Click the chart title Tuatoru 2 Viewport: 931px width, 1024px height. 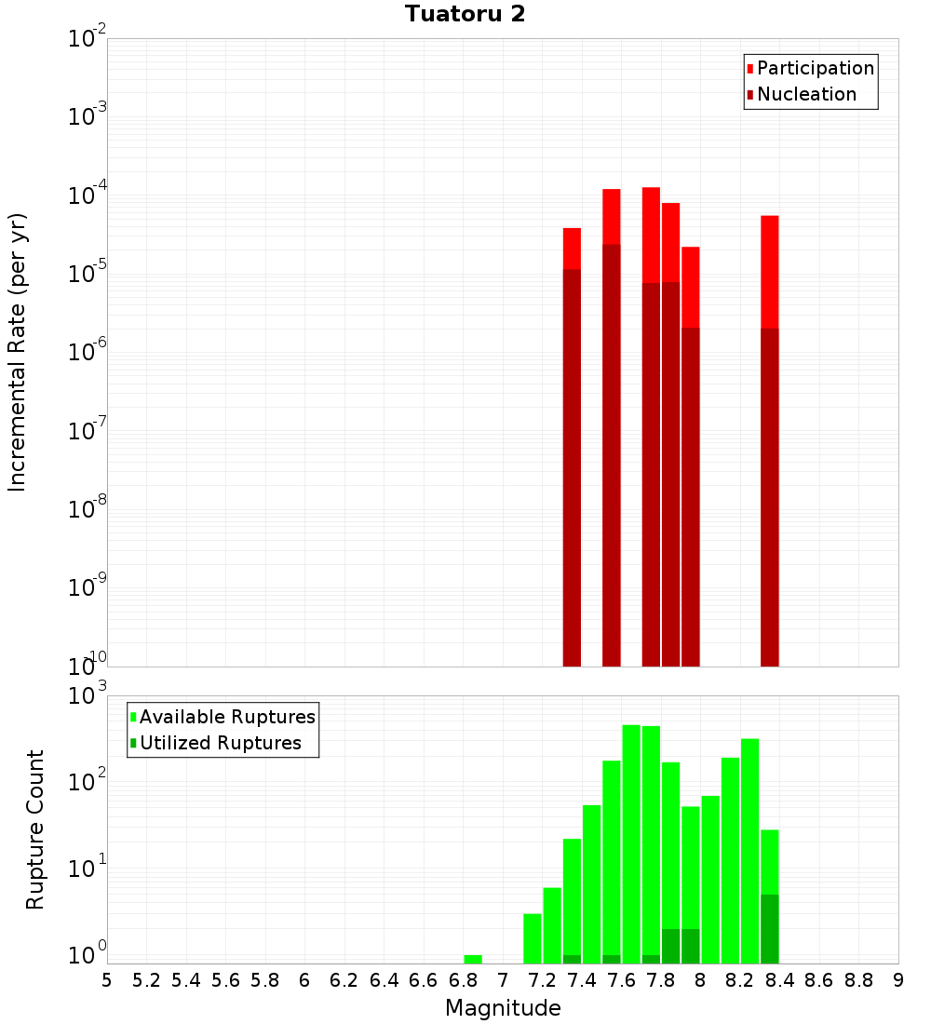pos(465,14)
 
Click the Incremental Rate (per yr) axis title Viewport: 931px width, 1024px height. pos(18,352)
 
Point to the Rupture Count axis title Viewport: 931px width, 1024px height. pos(35,829)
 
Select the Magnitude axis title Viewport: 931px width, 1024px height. pos(503,1008)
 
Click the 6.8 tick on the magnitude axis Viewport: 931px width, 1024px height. pos(463,980)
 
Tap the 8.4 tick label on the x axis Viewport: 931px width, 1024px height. pos(779,980)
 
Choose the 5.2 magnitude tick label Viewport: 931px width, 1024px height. pos(146,980)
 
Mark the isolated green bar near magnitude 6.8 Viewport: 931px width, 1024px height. pos(473,959)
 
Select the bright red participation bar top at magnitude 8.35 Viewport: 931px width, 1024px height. pos(770,270)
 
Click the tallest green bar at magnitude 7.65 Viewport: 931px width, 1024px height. pos(631,838)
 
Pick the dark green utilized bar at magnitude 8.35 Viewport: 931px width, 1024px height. pos(770,929)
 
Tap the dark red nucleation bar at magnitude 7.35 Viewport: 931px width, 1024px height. pos(572,465)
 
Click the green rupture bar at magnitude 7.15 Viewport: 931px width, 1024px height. pos(533,938)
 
